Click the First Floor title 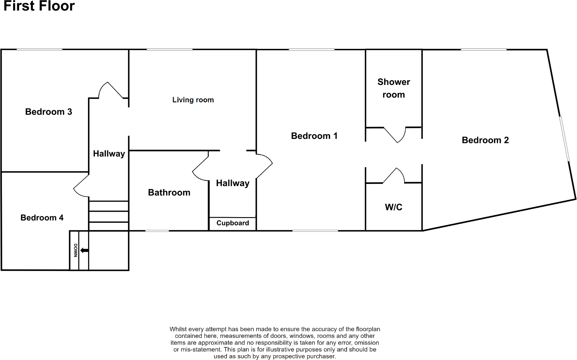point(39,6)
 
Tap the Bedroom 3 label point(49,112)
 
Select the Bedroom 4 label point(42,218)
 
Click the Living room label point(193,100)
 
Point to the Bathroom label point(169,192)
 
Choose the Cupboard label point(233,223)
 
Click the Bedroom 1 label point(314,136)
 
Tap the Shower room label point(394,88)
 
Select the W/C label point(393,207)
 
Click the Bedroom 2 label point(485,140)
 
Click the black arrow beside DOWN point(85,250)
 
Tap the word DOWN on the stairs point(75,250)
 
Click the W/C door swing point(395,175)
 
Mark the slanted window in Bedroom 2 point(565,138)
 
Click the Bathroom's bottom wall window point(157,231)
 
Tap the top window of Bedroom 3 point(39,50)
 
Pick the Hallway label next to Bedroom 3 point(109,154)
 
